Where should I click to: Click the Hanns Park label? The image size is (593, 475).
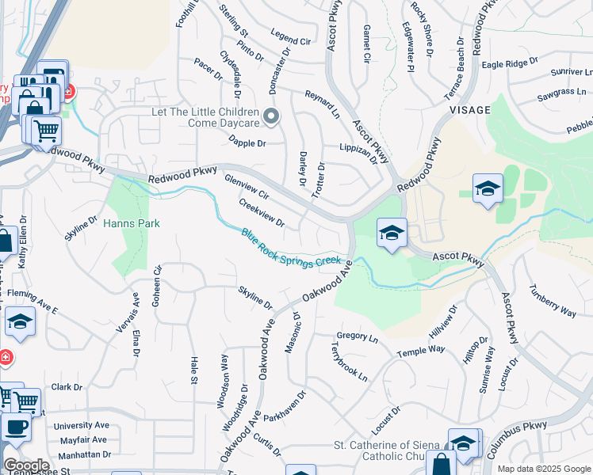(132, 224)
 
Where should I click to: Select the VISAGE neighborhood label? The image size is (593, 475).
(470, 110)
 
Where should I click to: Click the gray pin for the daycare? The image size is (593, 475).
(271, 118)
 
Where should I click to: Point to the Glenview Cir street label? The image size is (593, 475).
(247, 188)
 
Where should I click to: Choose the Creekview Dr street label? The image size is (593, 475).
(262, 211)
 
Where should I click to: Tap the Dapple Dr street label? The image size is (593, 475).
(247, 144)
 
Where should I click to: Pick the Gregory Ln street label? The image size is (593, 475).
(358, 337)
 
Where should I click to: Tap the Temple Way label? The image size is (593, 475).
(421, 351)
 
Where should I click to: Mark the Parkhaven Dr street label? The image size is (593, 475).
(285, 405)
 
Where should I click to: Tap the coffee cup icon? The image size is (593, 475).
(15, 427)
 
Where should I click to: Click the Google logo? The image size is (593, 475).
(26, 465)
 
